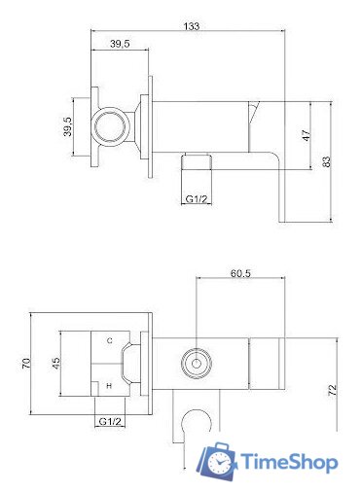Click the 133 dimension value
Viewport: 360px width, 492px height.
192,26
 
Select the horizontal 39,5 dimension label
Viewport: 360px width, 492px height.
120,44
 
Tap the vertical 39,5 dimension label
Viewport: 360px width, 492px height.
68,126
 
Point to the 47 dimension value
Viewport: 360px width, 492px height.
306,135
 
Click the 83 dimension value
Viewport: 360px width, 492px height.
327,161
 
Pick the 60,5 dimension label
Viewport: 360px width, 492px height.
240,273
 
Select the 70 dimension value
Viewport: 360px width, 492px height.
26,363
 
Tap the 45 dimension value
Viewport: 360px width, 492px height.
55,363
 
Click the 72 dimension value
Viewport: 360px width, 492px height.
333,390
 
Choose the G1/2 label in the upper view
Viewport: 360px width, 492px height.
196,199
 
